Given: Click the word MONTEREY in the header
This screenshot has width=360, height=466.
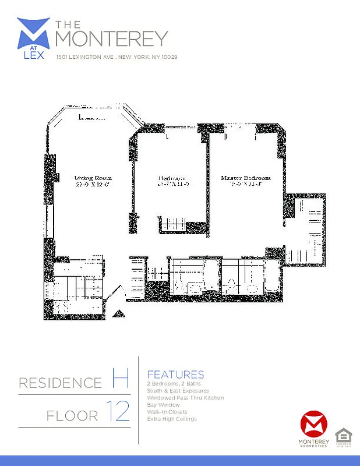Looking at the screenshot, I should (111, 38).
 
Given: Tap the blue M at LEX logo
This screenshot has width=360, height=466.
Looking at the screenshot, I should (33, 36).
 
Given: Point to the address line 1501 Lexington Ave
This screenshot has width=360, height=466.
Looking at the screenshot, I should (116, 57).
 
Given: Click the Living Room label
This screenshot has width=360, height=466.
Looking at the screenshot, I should (93, 177).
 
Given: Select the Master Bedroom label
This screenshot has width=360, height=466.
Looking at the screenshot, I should (245, 177).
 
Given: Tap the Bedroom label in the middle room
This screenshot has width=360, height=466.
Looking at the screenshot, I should (172, 178).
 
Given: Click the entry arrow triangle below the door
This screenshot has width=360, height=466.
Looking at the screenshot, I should (118, 314).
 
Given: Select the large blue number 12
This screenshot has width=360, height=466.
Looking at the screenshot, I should (118, 412).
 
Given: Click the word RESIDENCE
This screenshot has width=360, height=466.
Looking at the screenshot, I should (60, 383).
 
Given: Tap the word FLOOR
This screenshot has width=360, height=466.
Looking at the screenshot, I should (73, 416).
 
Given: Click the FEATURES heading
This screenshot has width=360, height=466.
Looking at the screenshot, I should (175, 375).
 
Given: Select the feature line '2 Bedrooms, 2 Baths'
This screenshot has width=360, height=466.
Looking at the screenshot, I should (173, 384).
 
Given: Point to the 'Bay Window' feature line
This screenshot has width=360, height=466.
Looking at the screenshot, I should (163, 405).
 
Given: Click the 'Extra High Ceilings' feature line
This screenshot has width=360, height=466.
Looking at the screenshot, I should (172, 419).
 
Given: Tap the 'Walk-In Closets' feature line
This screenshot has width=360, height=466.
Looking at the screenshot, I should (167, 412).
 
